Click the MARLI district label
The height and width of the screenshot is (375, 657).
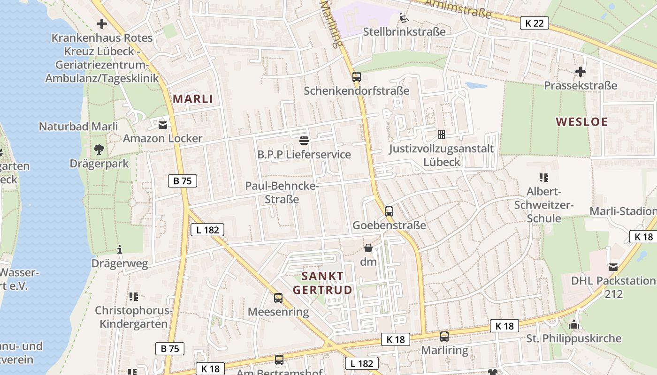coord(193,99)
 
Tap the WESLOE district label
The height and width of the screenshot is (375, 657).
coord(581,122)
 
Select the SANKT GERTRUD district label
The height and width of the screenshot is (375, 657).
coord(322,283)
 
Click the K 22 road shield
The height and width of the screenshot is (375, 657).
coord(534,23)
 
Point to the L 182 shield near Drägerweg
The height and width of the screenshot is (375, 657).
coord(207,230)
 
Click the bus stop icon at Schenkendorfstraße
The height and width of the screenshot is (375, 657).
coord(357,77)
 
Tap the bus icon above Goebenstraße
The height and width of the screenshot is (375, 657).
coord(389,211)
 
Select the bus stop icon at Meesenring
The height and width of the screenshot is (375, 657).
coord(278,298)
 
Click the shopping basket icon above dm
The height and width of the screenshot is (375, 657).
coord(368,248)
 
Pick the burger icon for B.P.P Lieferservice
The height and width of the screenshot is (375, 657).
coord(304,140)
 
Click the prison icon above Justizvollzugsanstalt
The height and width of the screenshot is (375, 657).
coord(442,135)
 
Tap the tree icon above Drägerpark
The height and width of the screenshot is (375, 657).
coord(99,150)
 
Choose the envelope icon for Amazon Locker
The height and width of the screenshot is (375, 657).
coord(163,125)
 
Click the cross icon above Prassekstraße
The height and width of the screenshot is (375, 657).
coord(581,72)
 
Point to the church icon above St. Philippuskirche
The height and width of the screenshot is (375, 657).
coord(574,324)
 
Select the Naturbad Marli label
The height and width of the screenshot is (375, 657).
coord(78,127)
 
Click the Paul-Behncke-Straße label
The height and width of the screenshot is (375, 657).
coord(282,193)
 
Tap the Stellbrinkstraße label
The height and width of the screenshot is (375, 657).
coord(405,32)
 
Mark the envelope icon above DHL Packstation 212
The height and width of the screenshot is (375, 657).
coord(613,267)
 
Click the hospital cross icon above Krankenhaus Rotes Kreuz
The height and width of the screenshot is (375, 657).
coord(102,23)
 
